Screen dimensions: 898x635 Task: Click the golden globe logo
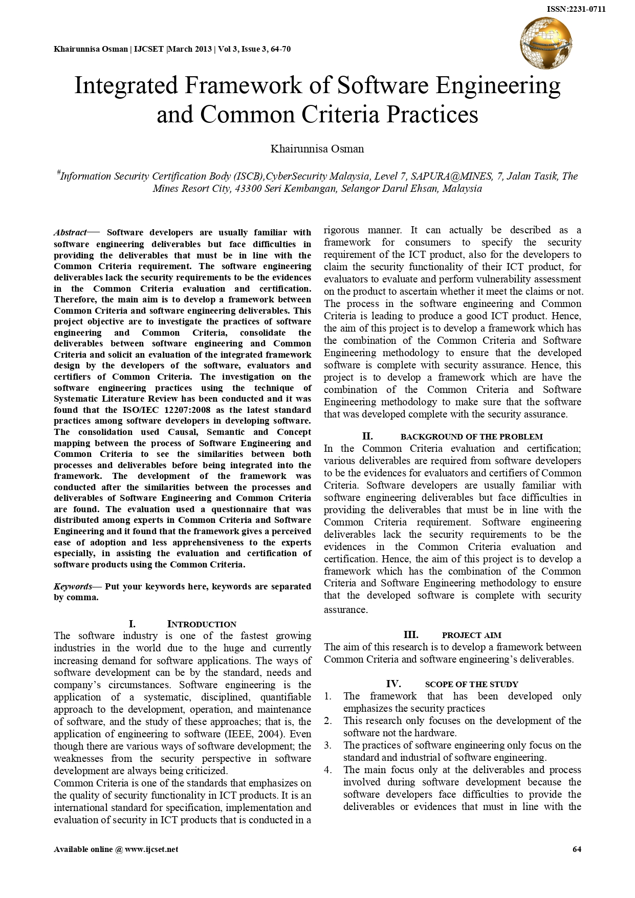coord(545,42)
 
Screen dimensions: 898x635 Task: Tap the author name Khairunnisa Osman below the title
coord(317,149)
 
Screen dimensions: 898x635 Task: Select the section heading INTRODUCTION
coord(202,624)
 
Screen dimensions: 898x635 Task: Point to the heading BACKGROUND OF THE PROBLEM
coord(471,437)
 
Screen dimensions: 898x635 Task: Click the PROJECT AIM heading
coord(471,636)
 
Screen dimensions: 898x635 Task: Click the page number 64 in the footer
coord(577,849)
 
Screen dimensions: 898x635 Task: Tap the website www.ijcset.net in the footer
coord(151,849)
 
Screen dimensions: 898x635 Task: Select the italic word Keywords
coord(73,586)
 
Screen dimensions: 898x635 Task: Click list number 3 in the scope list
coord(328,746)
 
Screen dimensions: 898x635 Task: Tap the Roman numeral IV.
coord(393,684)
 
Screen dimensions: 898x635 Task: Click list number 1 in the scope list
coord(328,696)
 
